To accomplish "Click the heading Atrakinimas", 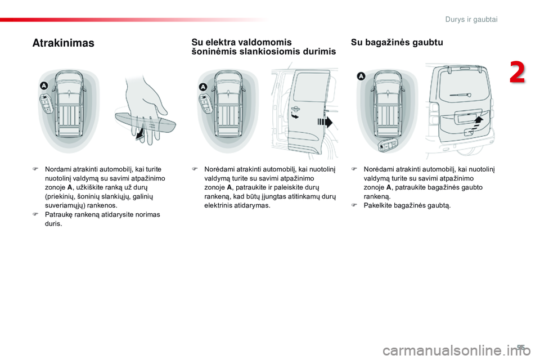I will tap(64, 43).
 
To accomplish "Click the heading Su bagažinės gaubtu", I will tap(397, 42).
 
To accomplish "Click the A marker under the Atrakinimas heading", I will tap(44, 85).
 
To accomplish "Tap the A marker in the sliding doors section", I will tap(203, 86).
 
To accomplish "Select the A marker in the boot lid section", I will tap(361, 76).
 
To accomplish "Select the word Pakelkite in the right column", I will tap(380, 205).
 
